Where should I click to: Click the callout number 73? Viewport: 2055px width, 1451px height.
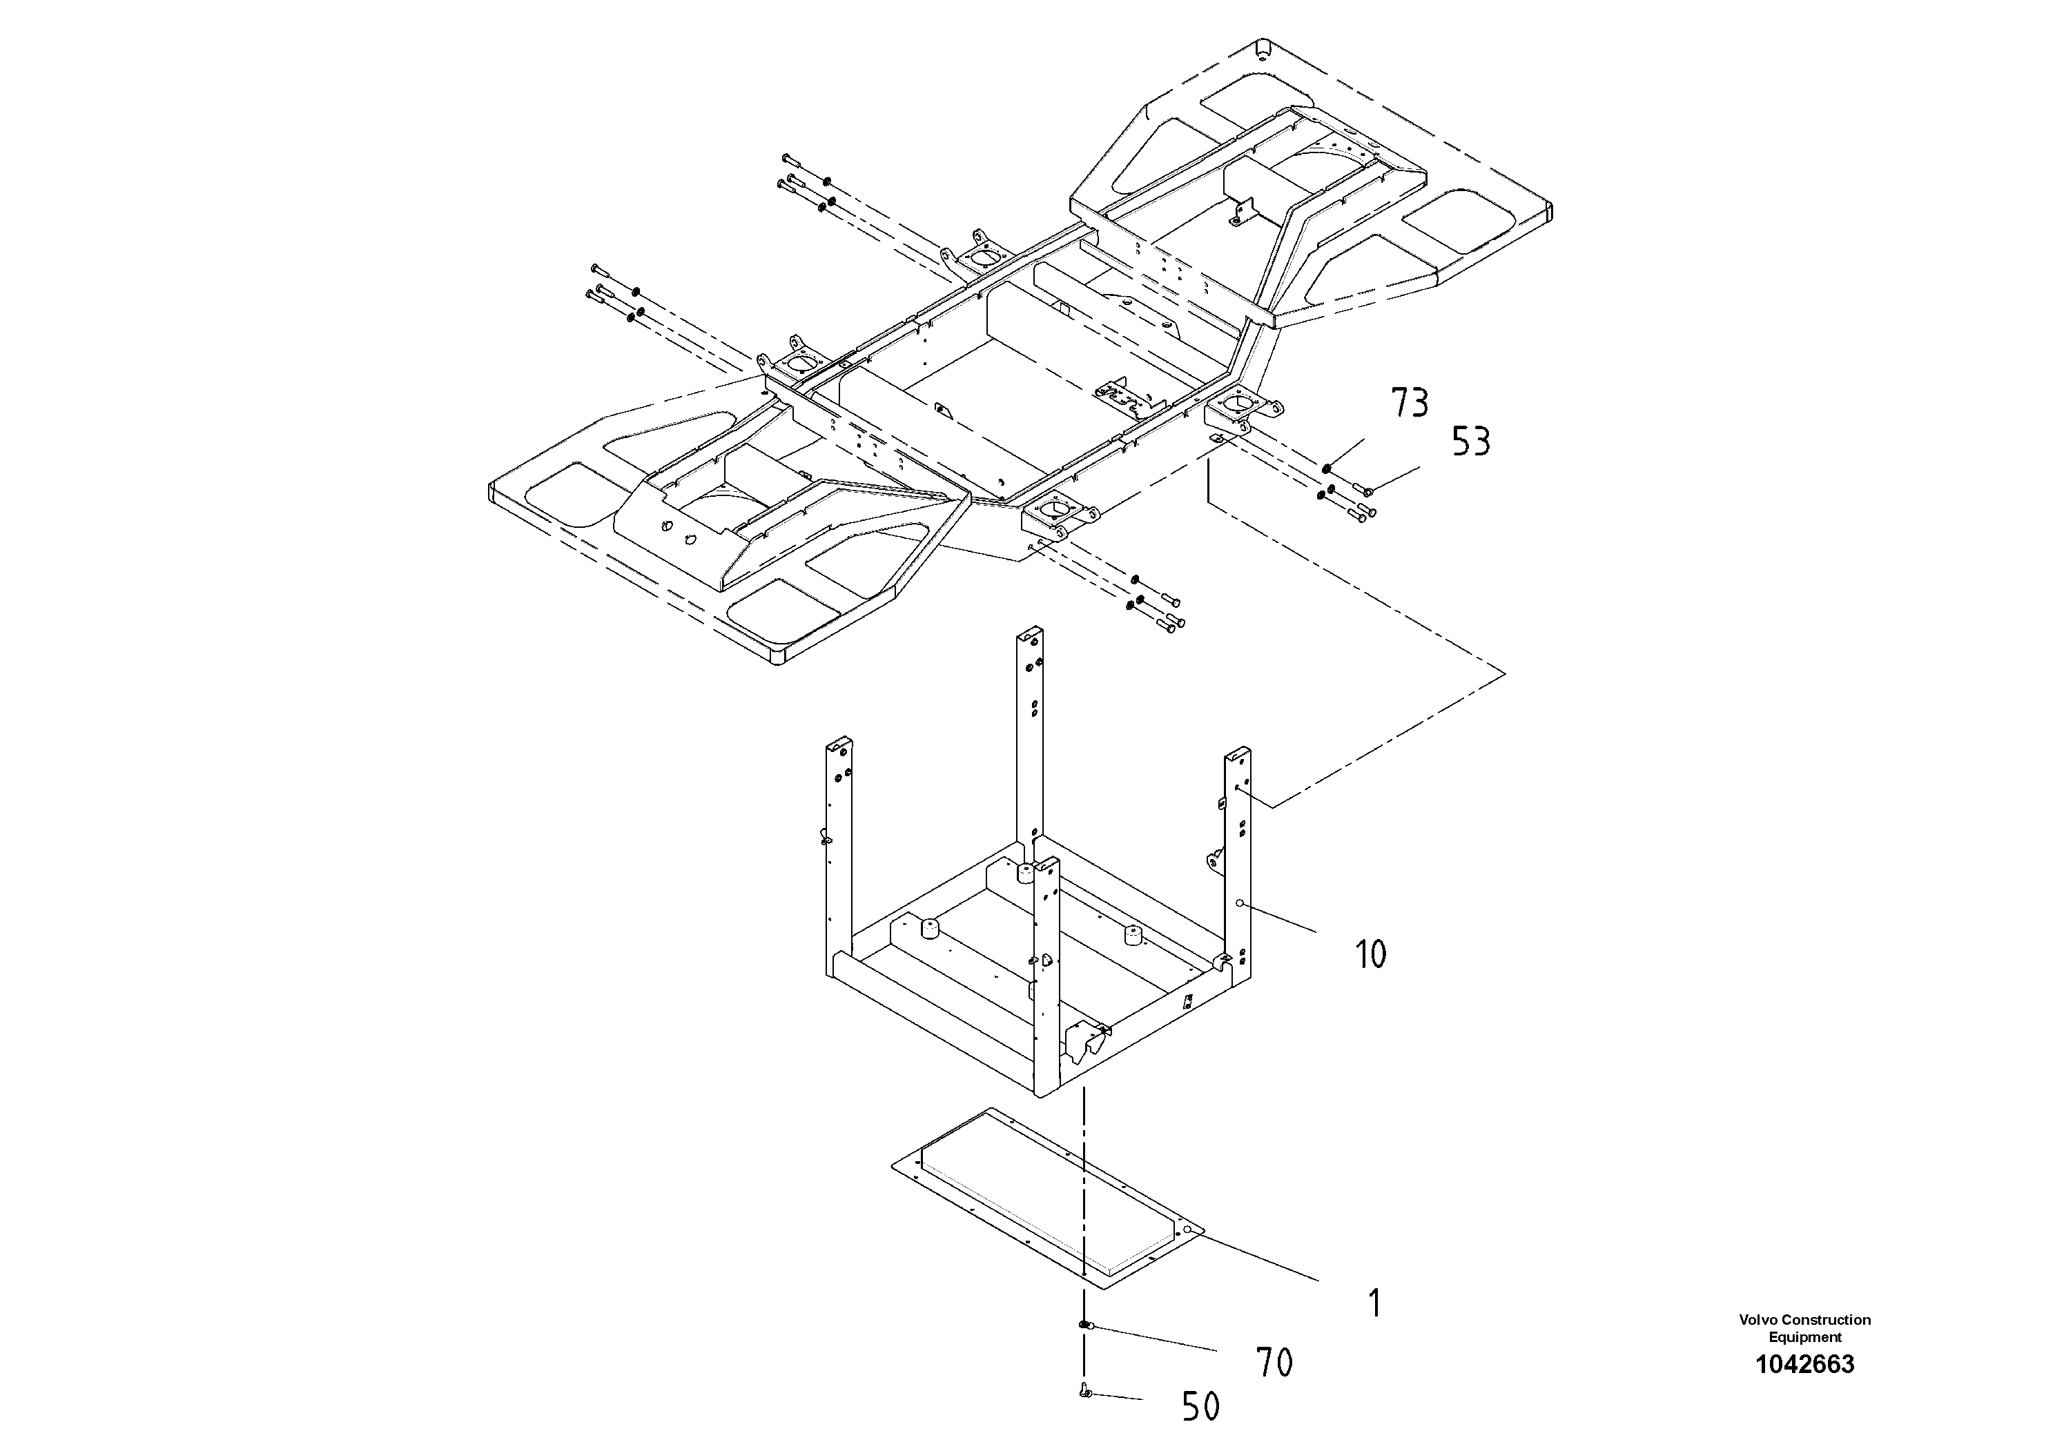1409,404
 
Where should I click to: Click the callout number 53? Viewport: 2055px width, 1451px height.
1470,442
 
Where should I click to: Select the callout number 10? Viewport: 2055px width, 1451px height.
1371,954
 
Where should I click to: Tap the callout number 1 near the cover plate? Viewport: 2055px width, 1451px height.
1375,1303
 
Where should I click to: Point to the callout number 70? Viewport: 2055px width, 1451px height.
1274,1363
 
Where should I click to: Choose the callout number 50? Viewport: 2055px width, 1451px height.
1200,1407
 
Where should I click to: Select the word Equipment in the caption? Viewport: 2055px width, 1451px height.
1804,1337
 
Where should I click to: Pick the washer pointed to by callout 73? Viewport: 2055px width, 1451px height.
1327,467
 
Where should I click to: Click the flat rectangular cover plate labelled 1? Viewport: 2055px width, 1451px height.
1047,1198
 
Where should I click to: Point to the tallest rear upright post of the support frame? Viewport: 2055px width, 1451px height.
1029,733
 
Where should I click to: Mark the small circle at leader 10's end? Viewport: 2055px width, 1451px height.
1240,904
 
